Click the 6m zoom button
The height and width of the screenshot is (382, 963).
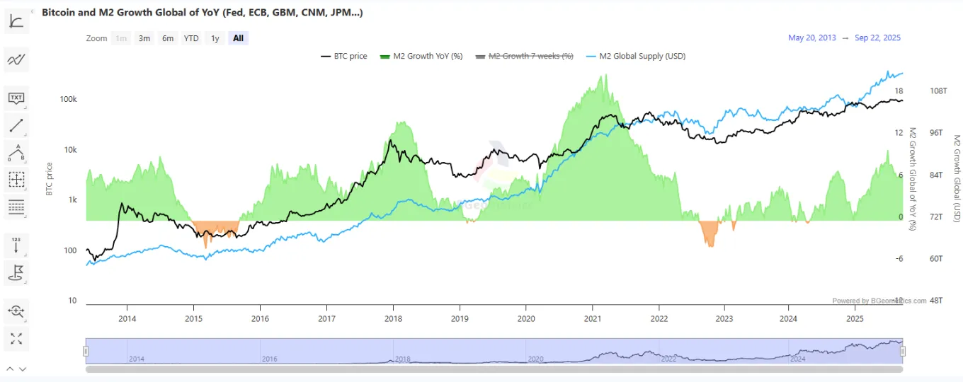click(168, 38)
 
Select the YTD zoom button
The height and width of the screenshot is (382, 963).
click(191, 38)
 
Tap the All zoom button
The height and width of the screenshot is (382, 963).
click(238, 38)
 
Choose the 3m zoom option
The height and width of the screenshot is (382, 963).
click(144, 38)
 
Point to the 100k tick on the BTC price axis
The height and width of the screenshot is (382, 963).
click(69, 100)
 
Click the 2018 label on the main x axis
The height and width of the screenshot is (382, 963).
click(393, 318)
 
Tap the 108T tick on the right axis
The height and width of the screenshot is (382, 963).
click(938, 91)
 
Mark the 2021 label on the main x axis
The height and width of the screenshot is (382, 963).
click(593, 318)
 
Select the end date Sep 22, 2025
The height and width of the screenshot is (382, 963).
click(878, 38)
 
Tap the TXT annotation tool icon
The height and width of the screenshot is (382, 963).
click(16, 98)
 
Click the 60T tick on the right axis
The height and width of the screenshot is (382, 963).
click(938, 259)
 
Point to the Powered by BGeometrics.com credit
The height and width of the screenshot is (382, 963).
click(879, 301)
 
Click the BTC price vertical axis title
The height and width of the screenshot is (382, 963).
click(50, 179)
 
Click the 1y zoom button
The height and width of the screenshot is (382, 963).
click(215, 38)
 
